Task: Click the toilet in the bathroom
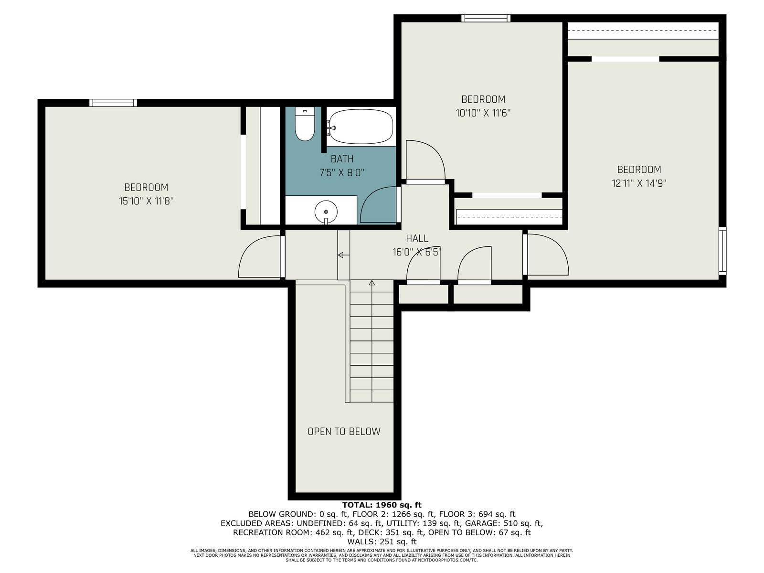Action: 305,124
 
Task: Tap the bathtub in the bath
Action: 361,126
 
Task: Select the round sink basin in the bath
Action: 326,211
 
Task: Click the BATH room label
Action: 342,159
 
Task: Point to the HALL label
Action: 417,238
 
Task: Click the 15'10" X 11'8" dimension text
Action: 146,201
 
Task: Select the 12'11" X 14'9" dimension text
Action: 639,183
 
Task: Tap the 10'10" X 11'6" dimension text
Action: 483,113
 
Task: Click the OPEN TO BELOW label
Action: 344,431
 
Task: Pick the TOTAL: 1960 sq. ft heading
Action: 382,505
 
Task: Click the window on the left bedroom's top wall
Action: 113,103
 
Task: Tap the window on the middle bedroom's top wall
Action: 486,18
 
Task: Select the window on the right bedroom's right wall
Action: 722,251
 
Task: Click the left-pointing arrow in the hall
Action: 343,255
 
